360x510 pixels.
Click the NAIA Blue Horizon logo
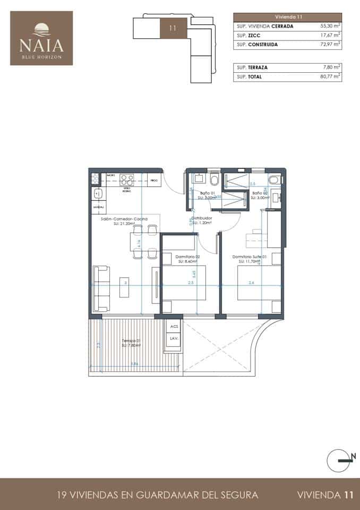point(41,38)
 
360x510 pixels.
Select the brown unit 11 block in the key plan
point(173,28)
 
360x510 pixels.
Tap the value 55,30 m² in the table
point(330,25)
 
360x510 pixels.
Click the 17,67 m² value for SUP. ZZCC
point(330,35)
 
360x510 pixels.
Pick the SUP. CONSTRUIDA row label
point(257,45)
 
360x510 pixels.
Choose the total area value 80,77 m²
point(330,77)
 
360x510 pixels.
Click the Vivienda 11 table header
point(287,16)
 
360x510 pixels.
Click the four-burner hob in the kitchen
point(127,178)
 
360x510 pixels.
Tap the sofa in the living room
point(101,288)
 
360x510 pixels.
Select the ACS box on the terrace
point(174,327)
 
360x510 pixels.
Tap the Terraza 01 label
point(130,341)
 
